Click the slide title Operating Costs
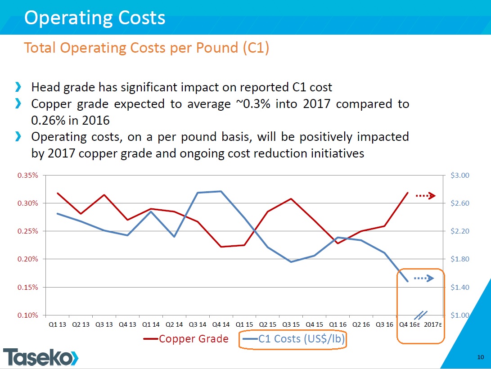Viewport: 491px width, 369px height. pyautogui.click(x=95, y=18)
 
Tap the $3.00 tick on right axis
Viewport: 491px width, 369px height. pyautogui.click(x=459, y=175)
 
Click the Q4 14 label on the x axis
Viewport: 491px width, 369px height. pyautogui.click(x=221, y=324)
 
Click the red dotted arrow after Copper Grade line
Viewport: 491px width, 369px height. pyautogui.click(x=425, y=196)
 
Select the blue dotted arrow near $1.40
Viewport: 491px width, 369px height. pyautogui.click(x=423, y=279)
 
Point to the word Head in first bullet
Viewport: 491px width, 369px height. pyautogui.click(x=43, y=87)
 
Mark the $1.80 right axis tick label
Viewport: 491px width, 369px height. pyautogui.click(x=459, y=259)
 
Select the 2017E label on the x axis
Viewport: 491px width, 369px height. pyautogui.click(x=433, y=324)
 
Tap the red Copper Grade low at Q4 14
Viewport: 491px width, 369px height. pyautogui.click(x=221, y=247)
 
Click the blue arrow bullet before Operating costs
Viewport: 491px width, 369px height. pyautogui.click(x=18, y=136)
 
